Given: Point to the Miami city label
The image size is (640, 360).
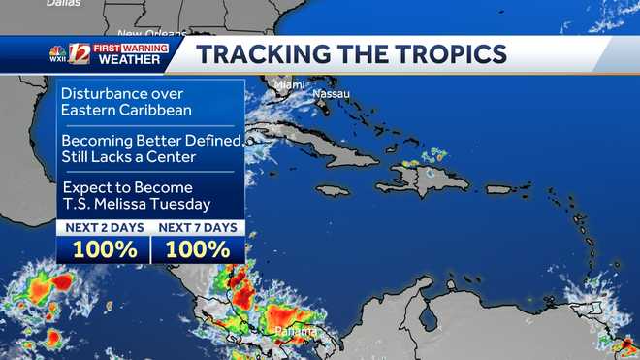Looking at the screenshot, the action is pyautogui.click(x=288, y=84).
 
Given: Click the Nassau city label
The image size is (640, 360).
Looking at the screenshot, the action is pyautogui.click(x=331, y=94).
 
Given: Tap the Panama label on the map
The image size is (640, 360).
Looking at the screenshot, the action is pyautogui.click(x=295, y=331).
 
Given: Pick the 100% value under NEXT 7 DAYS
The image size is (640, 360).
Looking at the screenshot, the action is pyautogui.click(x=198, y=248).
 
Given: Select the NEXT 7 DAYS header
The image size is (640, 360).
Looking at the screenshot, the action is pyautogui.click(x=198, y=228).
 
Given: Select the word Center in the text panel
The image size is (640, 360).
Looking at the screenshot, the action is pyautogui.click(x=178, y=156).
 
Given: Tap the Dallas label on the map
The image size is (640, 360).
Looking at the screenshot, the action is pyautogui.click(x=62, y=4).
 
